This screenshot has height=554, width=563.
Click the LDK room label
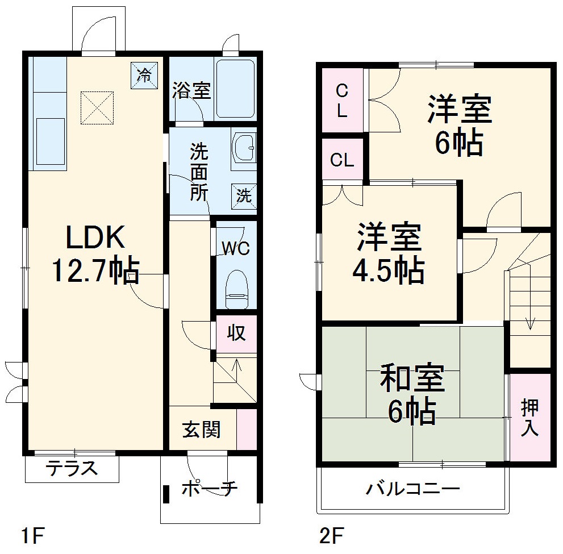[x=95, y=238]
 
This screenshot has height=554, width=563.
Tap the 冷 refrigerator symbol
[x=145, y=75]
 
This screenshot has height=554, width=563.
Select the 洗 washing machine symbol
[x=244, y=196]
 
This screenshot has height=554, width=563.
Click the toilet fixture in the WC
[x=236, y=287]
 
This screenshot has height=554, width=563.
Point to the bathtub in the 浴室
[x=235, y=89]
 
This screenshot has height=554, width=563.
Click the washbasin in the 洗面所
[x=244, y=147]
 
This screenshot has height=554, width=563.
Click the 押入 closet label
[x=529, y=418]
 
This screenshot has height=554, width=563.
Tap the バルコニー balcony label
[x=412, y=488]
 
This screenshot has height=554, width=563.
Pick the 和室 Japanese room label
[x=412, y=380]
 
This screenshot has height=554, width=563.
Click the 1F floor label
[x=33, y=535]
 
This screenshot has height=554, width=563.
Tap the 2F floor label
[x=331, y=535]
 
